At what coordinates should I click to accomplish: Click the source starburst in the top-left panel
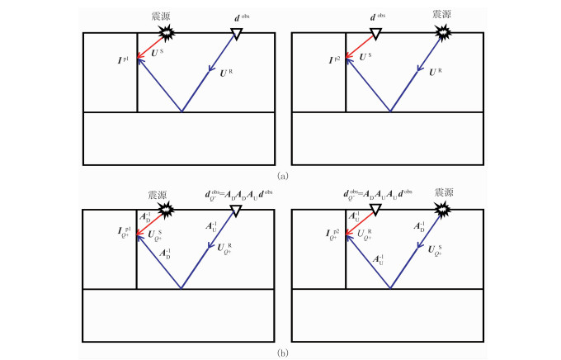pyautogui.click(x=168, y=32)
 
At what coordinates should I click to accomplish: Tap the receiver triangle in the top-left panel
pyautogui.click(x=236, y=33)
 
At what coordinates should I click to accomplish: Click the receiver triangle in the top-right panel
pyautogui.click(x=375, y=33)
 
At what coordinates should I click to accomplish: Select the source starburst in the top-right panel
pyautogui.click(x=444, y=32)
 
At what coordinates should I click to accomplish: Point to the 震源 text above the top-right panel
pyautogui.click(x=444, y=15)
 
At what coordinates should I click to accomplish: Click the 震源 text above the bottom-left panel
pyautogui.click(x=157, y=195)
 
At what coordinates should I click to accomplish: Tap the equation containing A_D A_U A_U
pyautogui.click(x=377, y=195)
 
